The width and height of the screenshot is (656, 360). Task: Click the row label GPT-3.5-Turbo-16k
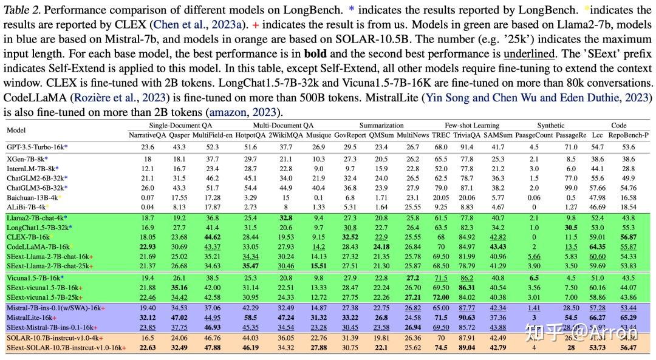tap(36, 147)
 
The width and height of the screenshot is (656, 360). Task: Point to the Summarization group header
tap(381, 125)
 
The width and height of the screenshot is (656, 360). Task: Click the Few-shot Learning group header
tap(471, 125)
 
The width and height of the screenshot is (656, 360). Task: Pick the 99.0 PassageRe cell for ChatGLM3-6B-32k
tap(571, 188)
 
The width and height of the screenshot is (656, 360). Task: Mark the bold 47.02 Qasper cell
tap(179, 318)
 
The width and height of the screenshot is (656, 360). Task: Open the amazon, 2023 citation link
tap(243, 112)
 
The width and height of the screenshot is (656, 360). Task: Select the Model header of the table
tap(17, 130)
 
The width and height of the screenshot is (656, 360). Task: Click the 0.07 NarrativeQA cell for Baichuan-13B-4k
tap(147, 197)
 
